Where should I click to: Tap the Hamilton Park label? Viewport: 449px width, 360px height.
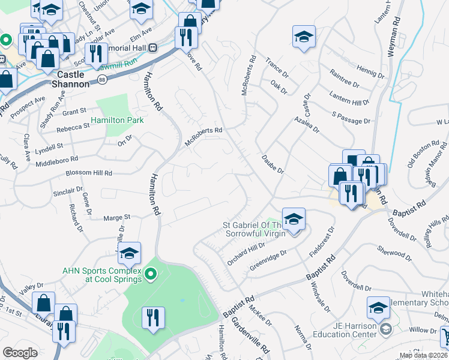[x=118, y=120]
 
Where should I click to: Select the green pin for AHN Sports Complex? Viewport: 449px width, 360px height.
[x=151, y=275]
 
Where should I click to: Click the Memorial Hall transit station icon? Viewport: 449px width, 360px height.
[x=153, y=47]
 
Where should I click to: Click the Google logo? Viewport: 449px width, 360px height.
[x=20, y=352]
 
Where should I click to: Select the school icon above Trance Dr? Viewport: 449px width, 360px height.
[x=304, y=37]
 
